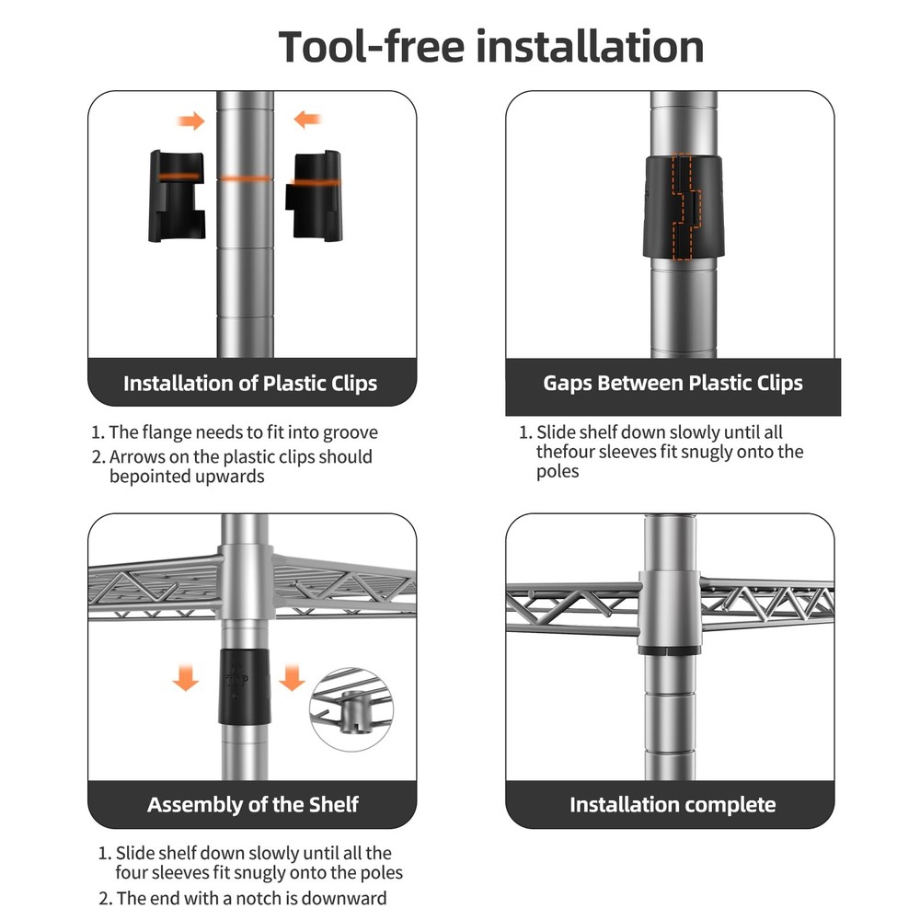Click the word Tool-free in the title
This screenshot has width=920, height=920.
pos(371,46)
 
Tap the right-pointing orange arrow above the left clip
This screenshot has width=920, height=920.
pos(190,121)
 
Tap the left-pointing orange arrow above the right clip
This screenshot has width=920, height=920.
pos(307,120)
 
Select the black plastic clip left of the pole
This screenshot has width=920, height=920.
pos(177,196)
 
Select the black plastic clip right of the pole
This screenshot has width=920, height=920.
pos(314,195)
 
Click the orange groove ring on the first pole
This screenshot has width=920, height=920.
pos(245,178)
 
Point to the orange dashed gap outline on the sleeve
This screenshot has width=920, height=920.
pos(684,206)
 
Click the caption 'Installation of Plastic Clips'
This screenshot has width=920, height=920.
pos(250,383)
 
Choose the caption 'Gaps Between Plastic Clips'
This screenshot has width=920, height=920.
pos(673,383)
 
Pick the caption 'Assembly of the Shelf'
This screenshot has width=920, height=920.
pos(252,804)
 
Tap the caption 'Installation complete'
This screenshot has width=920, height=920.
pos(673,804)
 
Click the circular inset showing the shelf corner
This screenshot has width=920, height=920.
pos(351,709)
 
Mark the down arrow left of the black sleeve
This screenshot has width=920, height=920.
pos(186,678)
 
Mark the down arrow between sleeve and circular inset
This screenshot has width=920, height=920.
pos(292,678)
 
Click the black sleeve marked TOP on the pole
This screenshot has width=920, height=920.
pos(246,686)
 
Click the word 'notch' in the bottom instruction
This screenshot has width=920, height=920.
pos(278,898)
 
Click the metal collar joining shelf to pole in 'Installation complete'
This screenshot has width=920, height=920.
pos(670,612)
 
